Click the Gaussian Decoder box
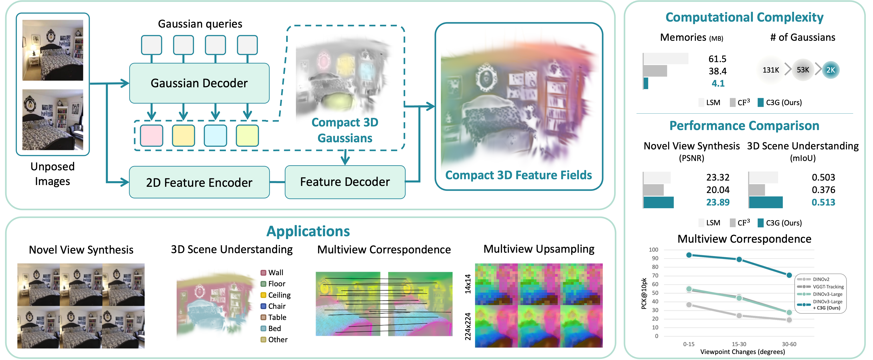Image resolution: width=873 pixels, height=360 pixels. (x=199, y=83)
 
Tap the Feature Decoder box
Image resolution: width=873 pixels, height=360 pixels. (x=345, y=182)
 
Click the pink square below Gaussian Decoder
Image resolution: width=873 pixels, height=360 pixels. (x=152, y=136)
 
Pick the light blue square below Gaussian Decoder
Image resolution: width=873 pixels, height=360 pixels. (x=215, y=136)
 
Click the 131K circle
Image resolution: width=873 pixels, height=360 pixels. (x=771, y=70)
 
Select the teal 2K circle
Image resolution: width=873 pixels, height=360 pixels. (x=831, y=70)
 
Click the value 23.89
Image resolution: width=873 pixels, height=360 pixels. (x=718, y=202)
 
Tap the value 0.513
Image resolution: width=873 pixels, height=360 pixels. (x=823, y=202)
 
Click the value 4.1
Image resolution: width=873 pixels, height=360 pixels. (x=718, y=83)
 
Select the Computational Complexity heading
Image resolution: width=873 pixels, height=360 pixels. (x=744, y=17)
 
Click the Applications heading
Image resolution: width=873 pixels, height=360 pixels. (x=308, y=231)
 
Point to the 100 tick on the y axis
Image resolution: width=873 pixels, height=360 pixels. (x=653, y=250)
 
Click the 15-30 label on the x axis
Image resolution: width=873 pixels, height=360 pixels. (x=739, y=344)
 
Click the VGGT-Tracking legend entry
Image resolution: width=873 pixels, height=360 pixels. (x=828, y=287)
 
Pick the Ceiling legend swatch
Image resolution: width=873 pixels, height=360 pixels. (x=263, y=295)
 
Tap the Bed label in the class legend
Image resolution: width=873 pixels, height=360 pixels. (x=275, y=328)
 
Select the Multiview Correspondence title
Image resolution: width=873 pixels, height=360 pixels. (x=384, y=250)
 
